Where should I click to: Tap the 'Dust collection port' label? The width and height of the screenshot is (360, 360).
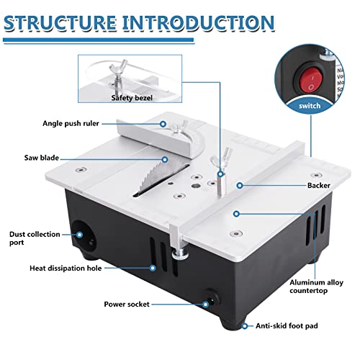(30, 238)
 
